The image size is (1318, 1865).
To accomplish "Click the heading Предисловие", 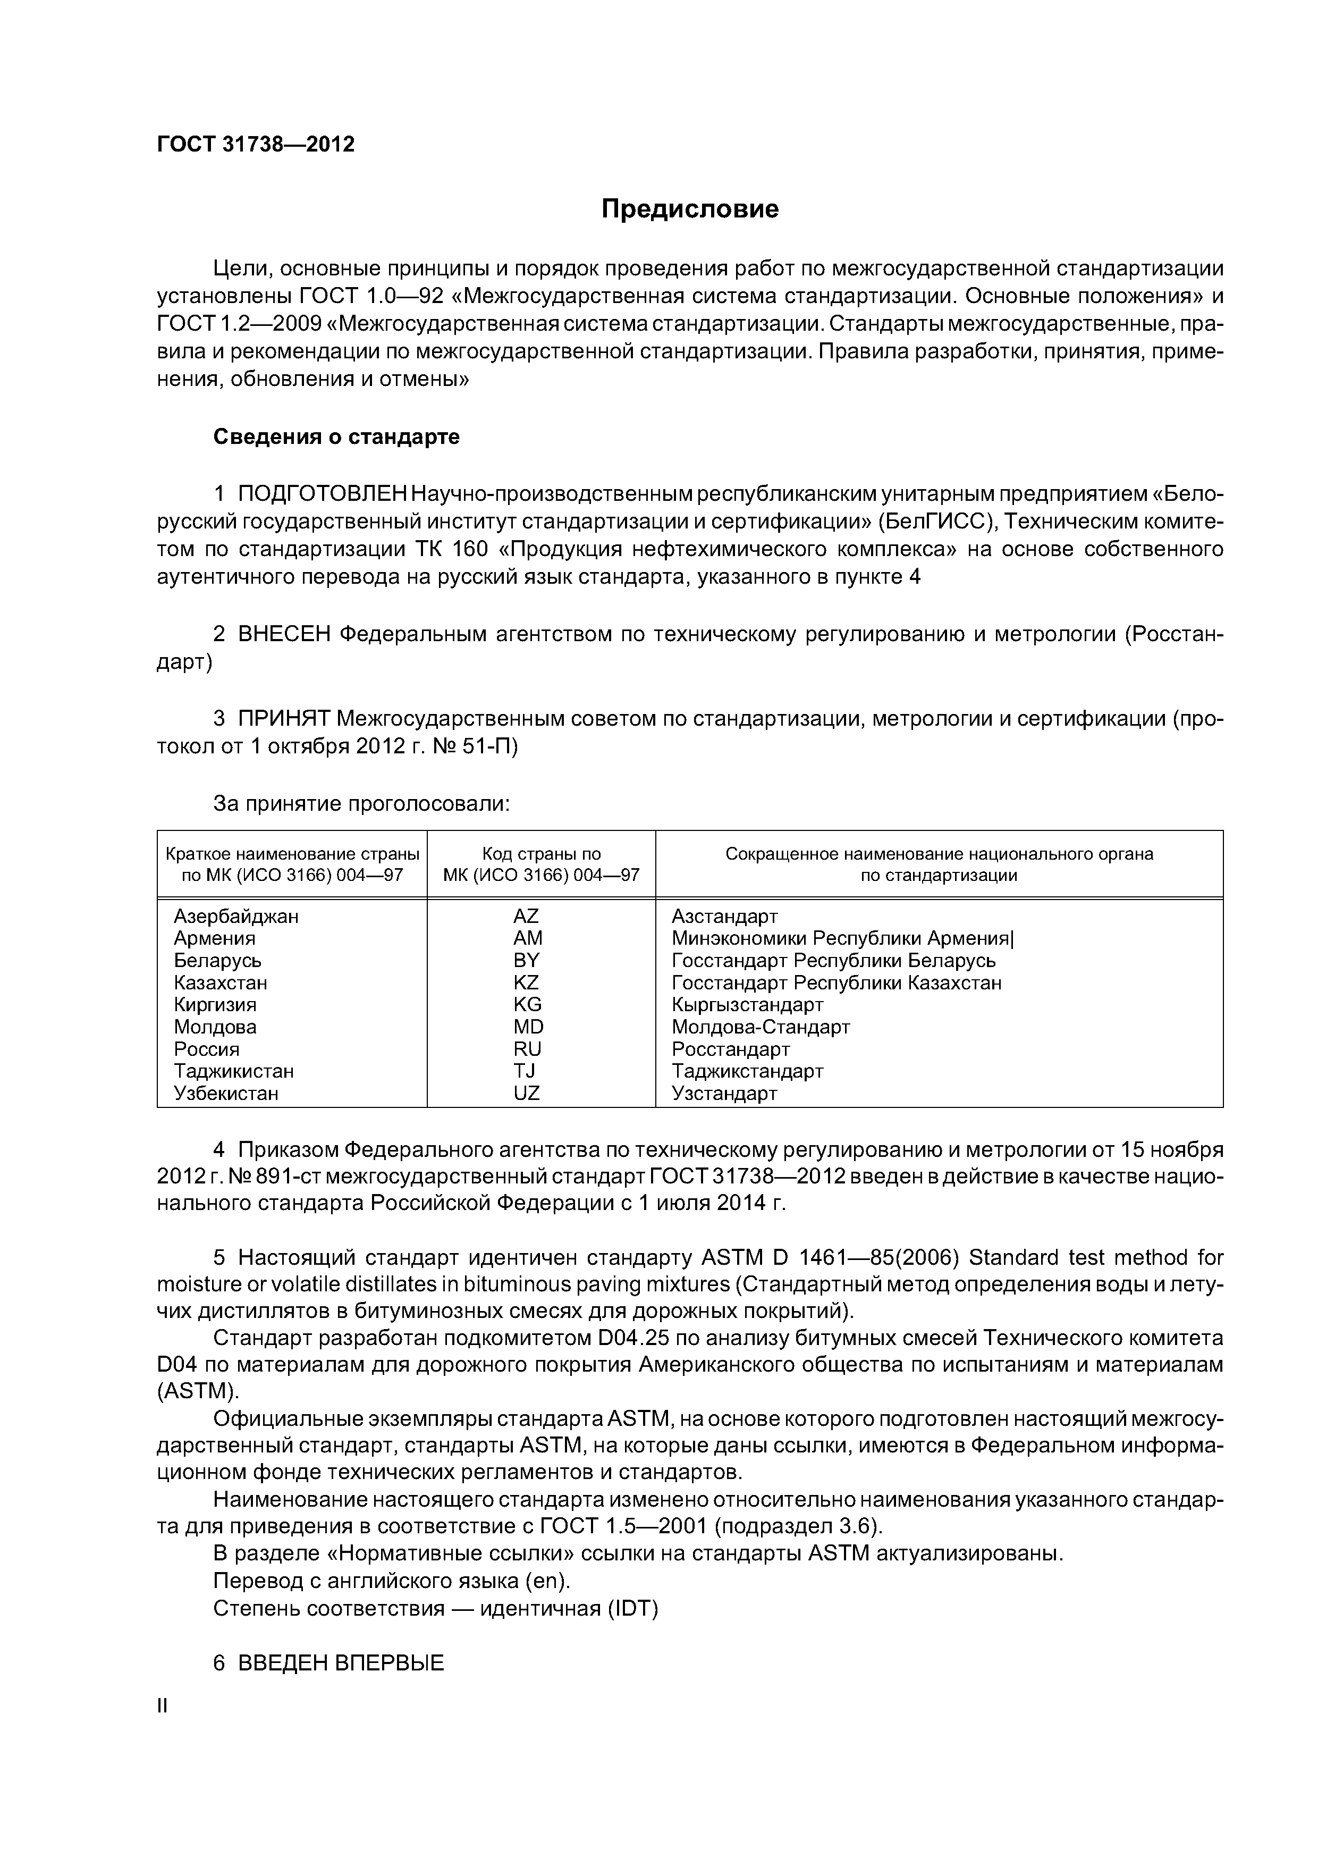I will [689, 209].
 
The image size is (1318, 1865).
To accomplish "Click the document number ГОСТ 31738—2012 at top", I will [256, 145].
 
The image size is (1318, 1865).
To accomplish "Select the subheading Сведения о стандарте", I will [336, 437].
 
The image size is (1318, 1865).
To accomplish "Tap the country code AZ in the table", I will [526, 916].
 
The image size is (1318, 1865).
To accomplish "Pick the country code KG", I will [527, 1005].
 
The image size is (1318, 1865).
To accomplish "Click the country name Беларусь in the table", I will [218, 961].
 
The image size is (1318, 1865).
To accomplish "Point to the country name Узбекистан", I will [226, 1094].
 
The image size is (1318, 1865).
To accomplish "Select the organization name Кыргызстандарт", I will [747, 1005].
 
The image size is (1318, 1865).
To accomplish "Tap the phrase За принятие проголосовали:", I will [361, 804].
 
